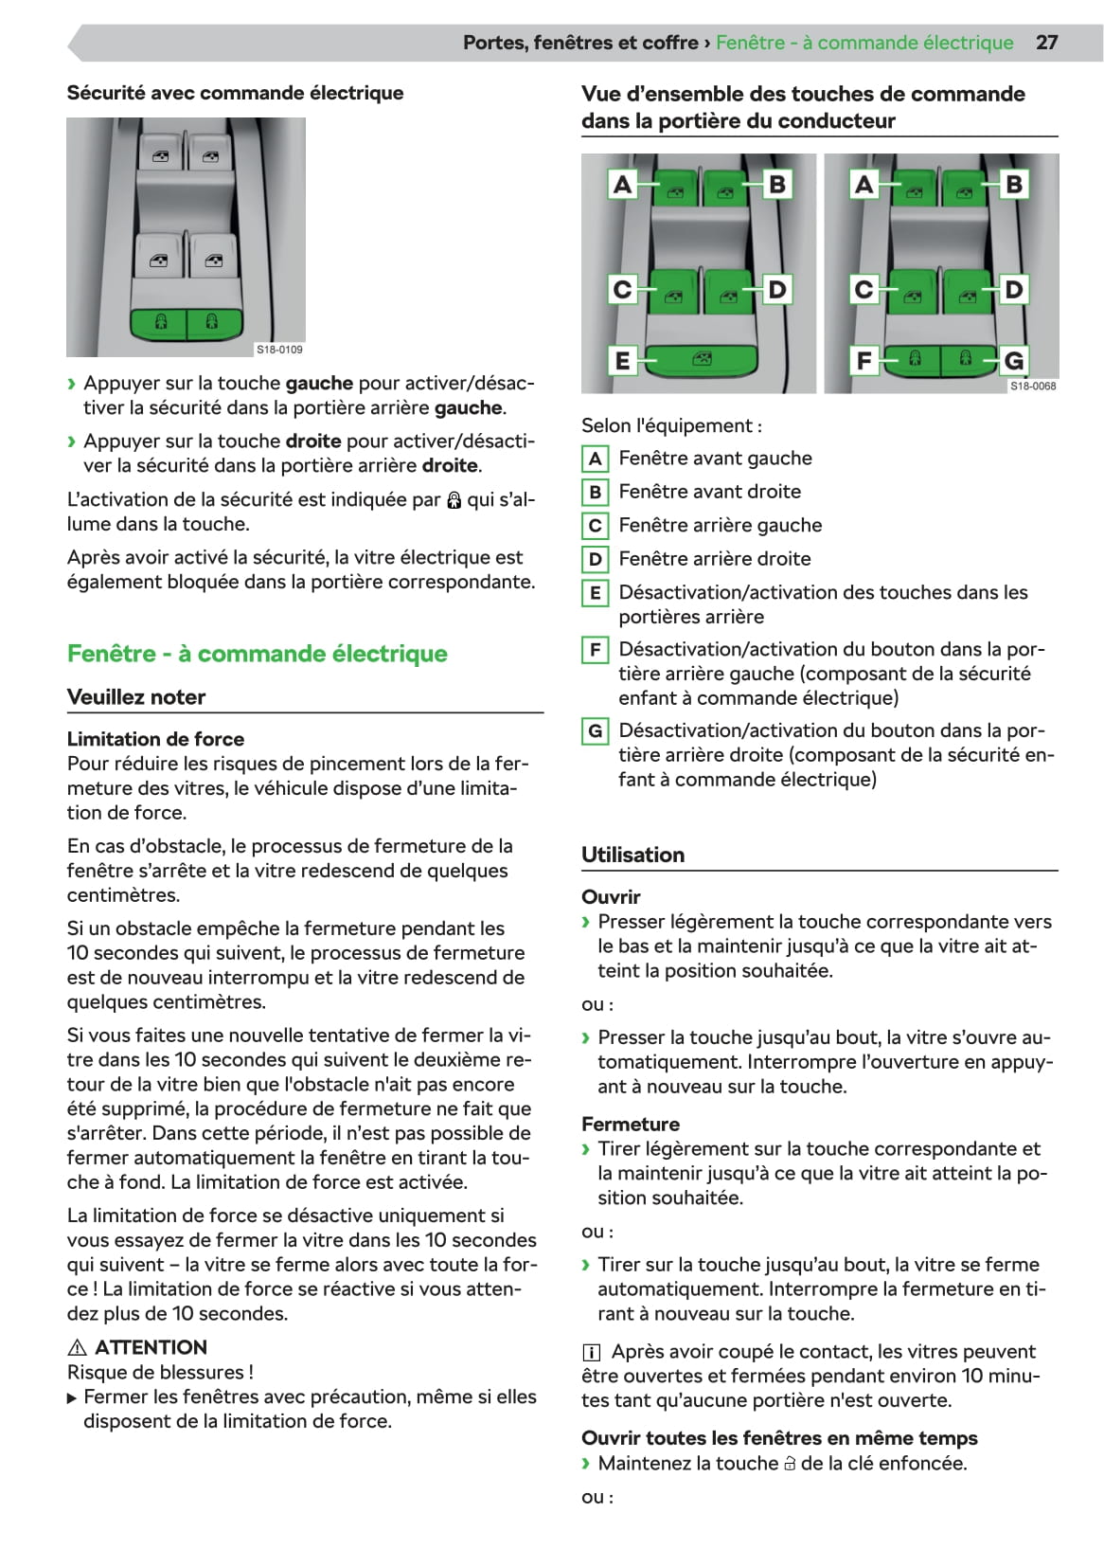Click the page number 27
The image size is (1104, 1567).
(1046, 43)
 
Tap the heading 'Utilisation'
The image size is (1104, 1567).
(632, 855)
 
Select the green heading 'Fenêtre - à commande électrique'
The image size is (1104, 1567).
(257, 654)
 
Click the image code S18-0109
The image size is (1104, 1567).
(279, 350)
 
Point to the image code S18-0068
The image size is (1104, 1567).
(1033, 386)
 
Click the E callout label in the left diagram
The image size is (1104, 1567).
(622, 360)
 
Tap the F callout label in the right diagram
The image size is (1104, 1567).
(864, 360)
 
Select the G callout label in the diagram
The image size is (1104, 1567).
(1014, 360)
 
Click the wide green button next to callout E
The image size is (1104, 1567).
(702, 360)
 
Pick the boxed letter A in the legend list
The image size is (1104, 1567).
(595, 459)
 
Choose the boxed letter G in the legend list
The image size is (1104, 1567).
(595, 730)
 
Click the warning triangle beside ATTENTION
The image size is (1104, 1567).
(78, 1347)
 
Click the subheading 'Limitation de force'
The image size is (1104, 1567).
(155, 739)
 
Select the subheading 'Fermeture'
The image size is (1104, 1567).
(631, 1125)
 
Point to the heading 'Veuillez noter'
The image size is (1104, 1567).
(136, 697)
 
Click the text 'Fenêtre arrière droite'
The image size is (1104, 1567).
(715, 559)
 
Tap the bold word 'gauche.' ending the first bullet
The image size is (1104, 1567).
(470, 408)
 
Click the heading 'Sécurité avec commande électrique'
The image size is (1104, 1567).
(235, 93)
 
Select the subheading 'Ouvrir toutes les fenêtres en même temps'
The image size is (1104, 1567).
(779, 1438)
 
